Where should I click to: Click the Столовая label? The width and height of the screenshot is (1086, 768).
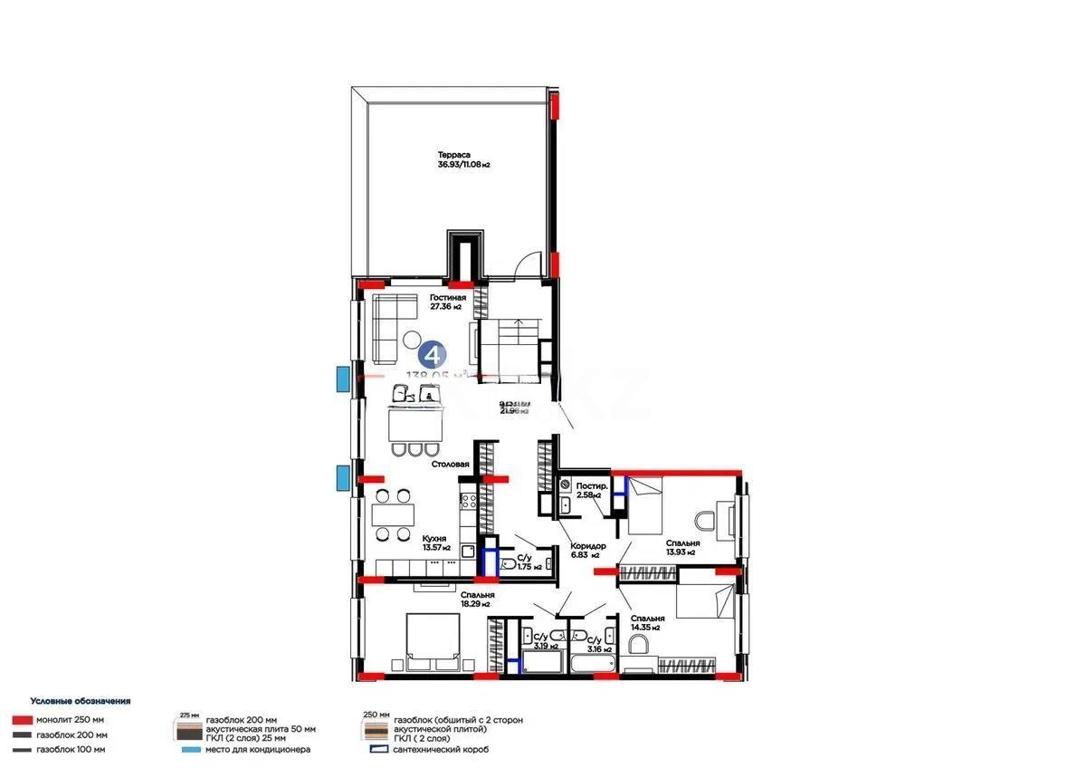pos(450,464)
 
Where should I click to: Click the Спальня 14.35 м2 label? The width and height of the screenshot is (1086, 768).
pos(645,621)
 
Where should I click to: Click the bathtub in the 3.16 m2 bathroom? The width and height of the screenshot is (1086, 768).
pos(593,665)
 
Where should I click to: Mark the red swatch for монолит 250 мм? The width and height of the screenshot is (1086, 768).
pos(24,720)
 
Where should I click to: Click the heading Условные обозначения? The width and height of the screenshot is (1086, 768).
pos(81,701)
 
